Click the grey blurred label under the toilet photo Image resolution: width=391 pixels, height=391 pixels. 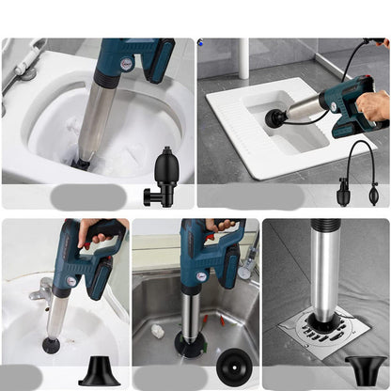(x=86, y=196)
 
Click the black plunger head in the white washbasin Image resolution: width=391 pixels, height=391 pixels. (x=51, y=345)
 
